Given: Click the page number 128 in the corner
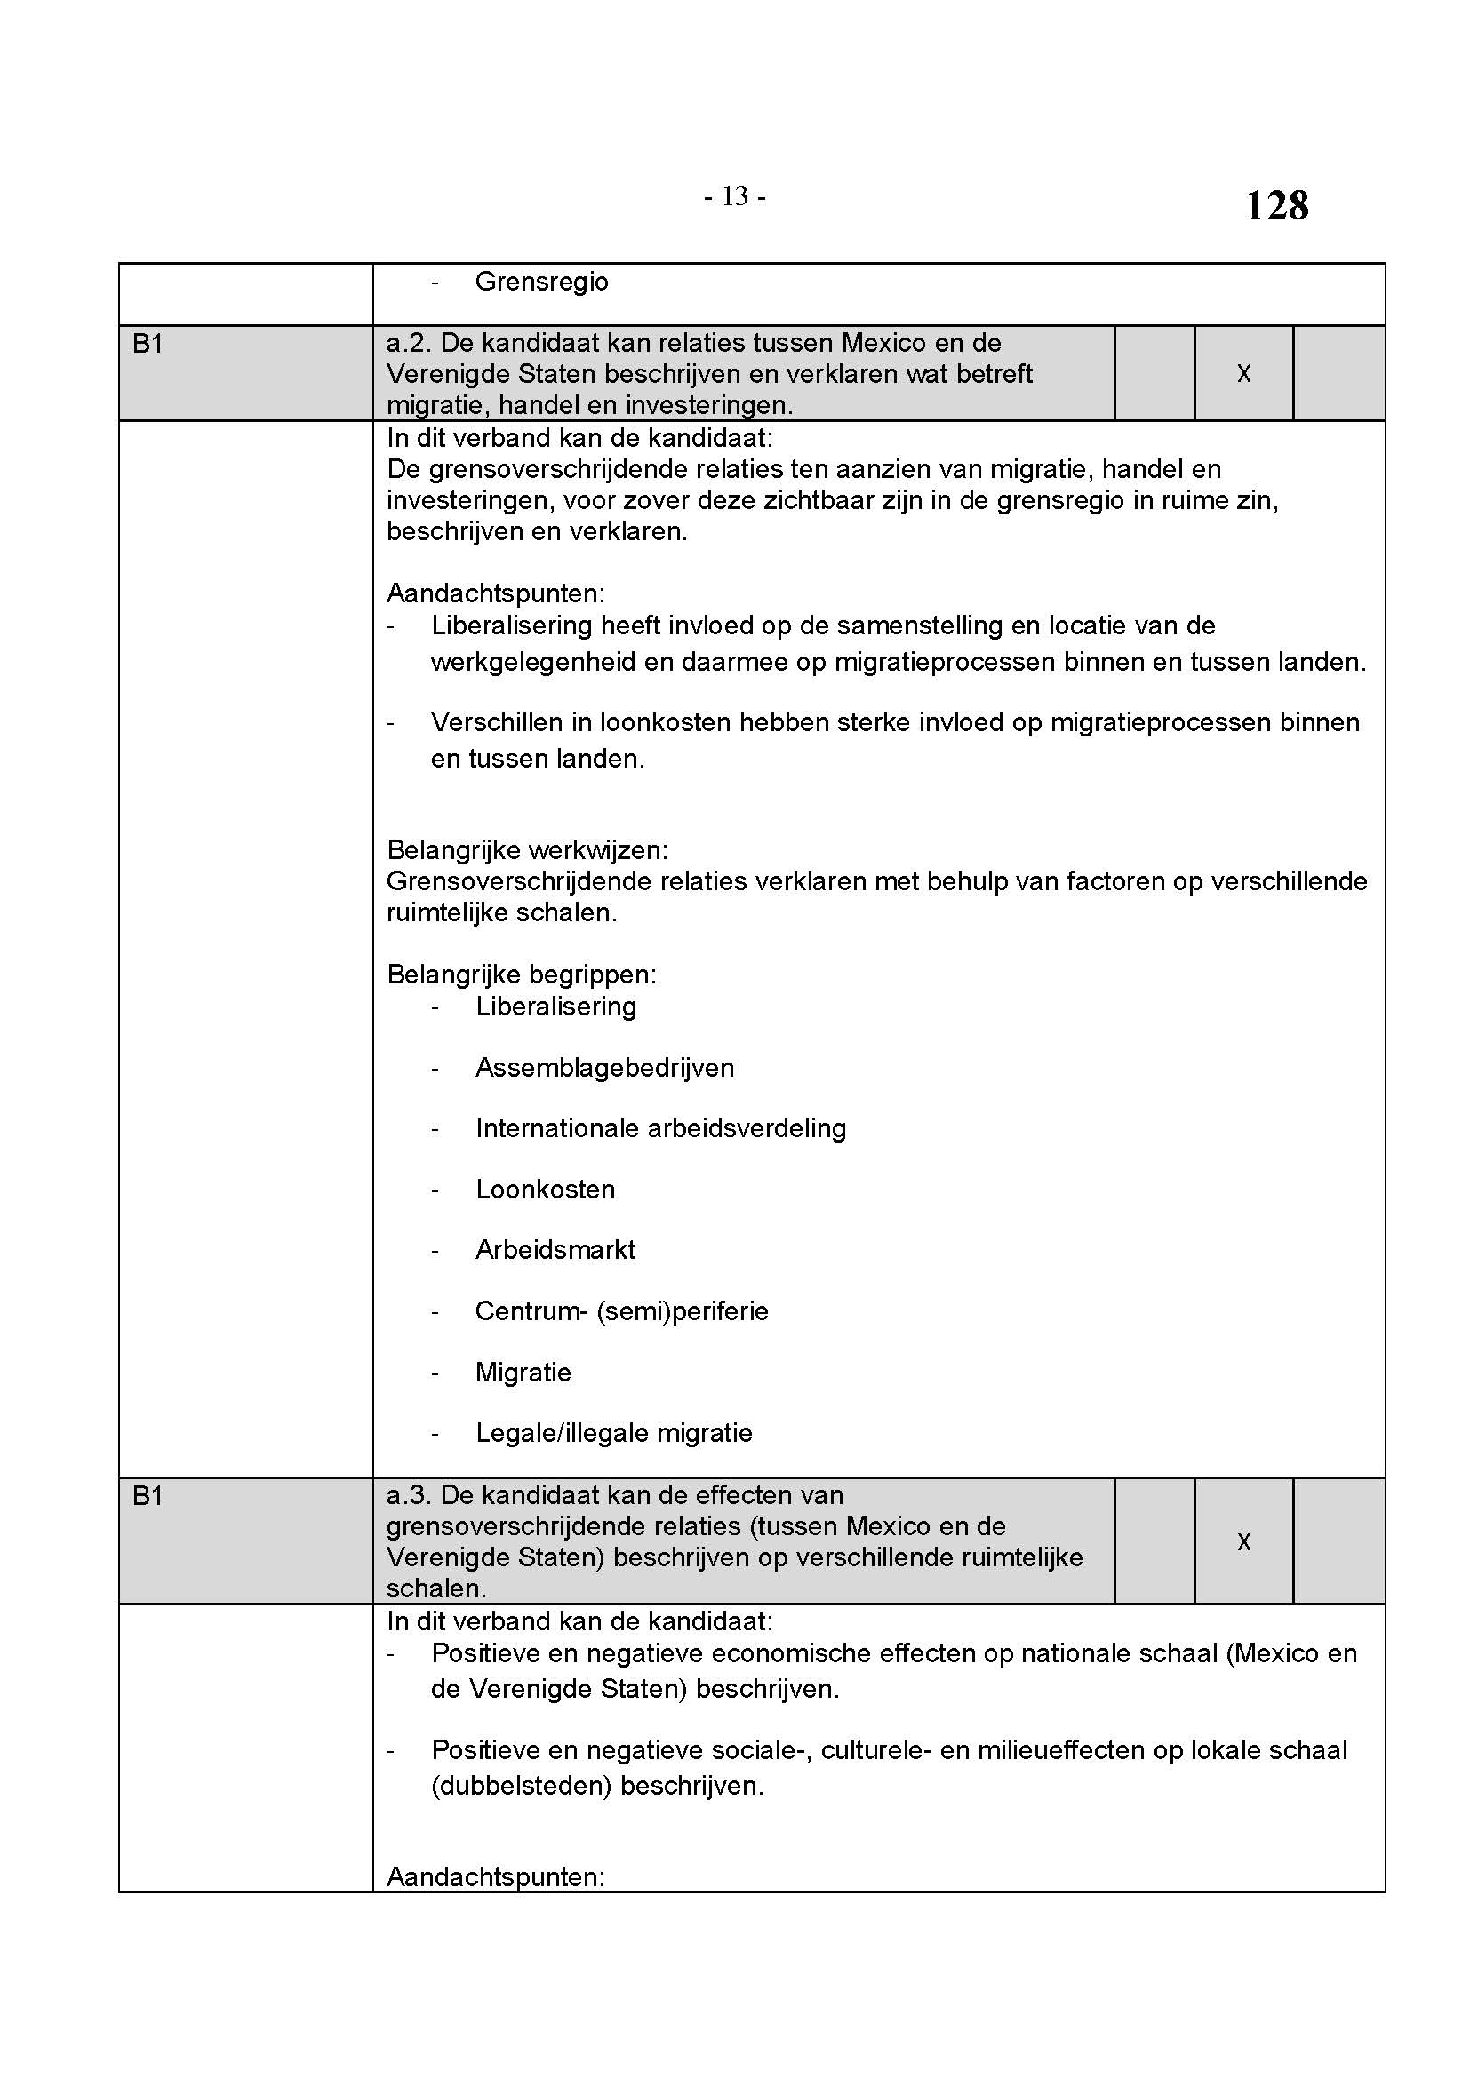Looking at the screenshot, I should pos(1275,205).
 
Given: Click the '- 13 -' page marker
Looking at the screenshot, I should pos(735,195).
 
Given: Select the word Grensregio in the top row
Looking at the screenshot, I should pos(541,282).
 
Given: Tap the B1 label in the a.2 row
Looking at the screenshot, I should pos(148,344).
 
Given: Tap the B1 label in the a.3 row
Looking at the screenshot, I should pos(148,1496).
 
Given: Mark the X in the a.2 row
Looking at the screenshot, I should pos(1243,374).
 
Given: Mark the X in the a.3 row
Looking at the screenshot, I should pos(1243,1541).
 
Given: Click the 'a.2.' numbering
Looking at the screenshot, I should pos(409,344).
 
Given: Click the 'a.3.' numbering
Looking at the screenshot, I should pos(409,1496).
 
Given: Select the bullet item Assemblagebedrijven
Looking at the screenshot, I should pos(604,1068).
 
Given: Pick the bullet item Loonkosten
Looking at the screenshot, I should pos(545,1190).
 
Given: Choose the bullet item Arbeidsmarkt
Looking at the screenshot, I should pos(555,1250).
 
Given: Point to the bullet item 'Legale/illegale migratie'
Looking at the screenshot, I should pos(614,1433).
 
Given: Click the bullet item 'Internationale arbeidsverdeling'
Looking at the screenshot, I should pos(660,1128).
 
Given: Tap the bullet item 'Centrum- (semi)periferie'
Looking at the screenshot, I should pos(621,1311).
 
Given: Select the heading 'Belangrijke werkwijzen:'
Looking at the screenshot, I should pos(527,850).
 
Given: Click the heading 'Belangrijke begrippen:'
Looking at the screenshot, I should pos(522,975).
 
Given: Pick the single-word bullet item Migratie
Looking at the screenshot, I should pos(523,1373).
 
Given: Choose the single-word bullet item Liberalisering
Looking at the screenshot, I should pos(555,1007).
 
